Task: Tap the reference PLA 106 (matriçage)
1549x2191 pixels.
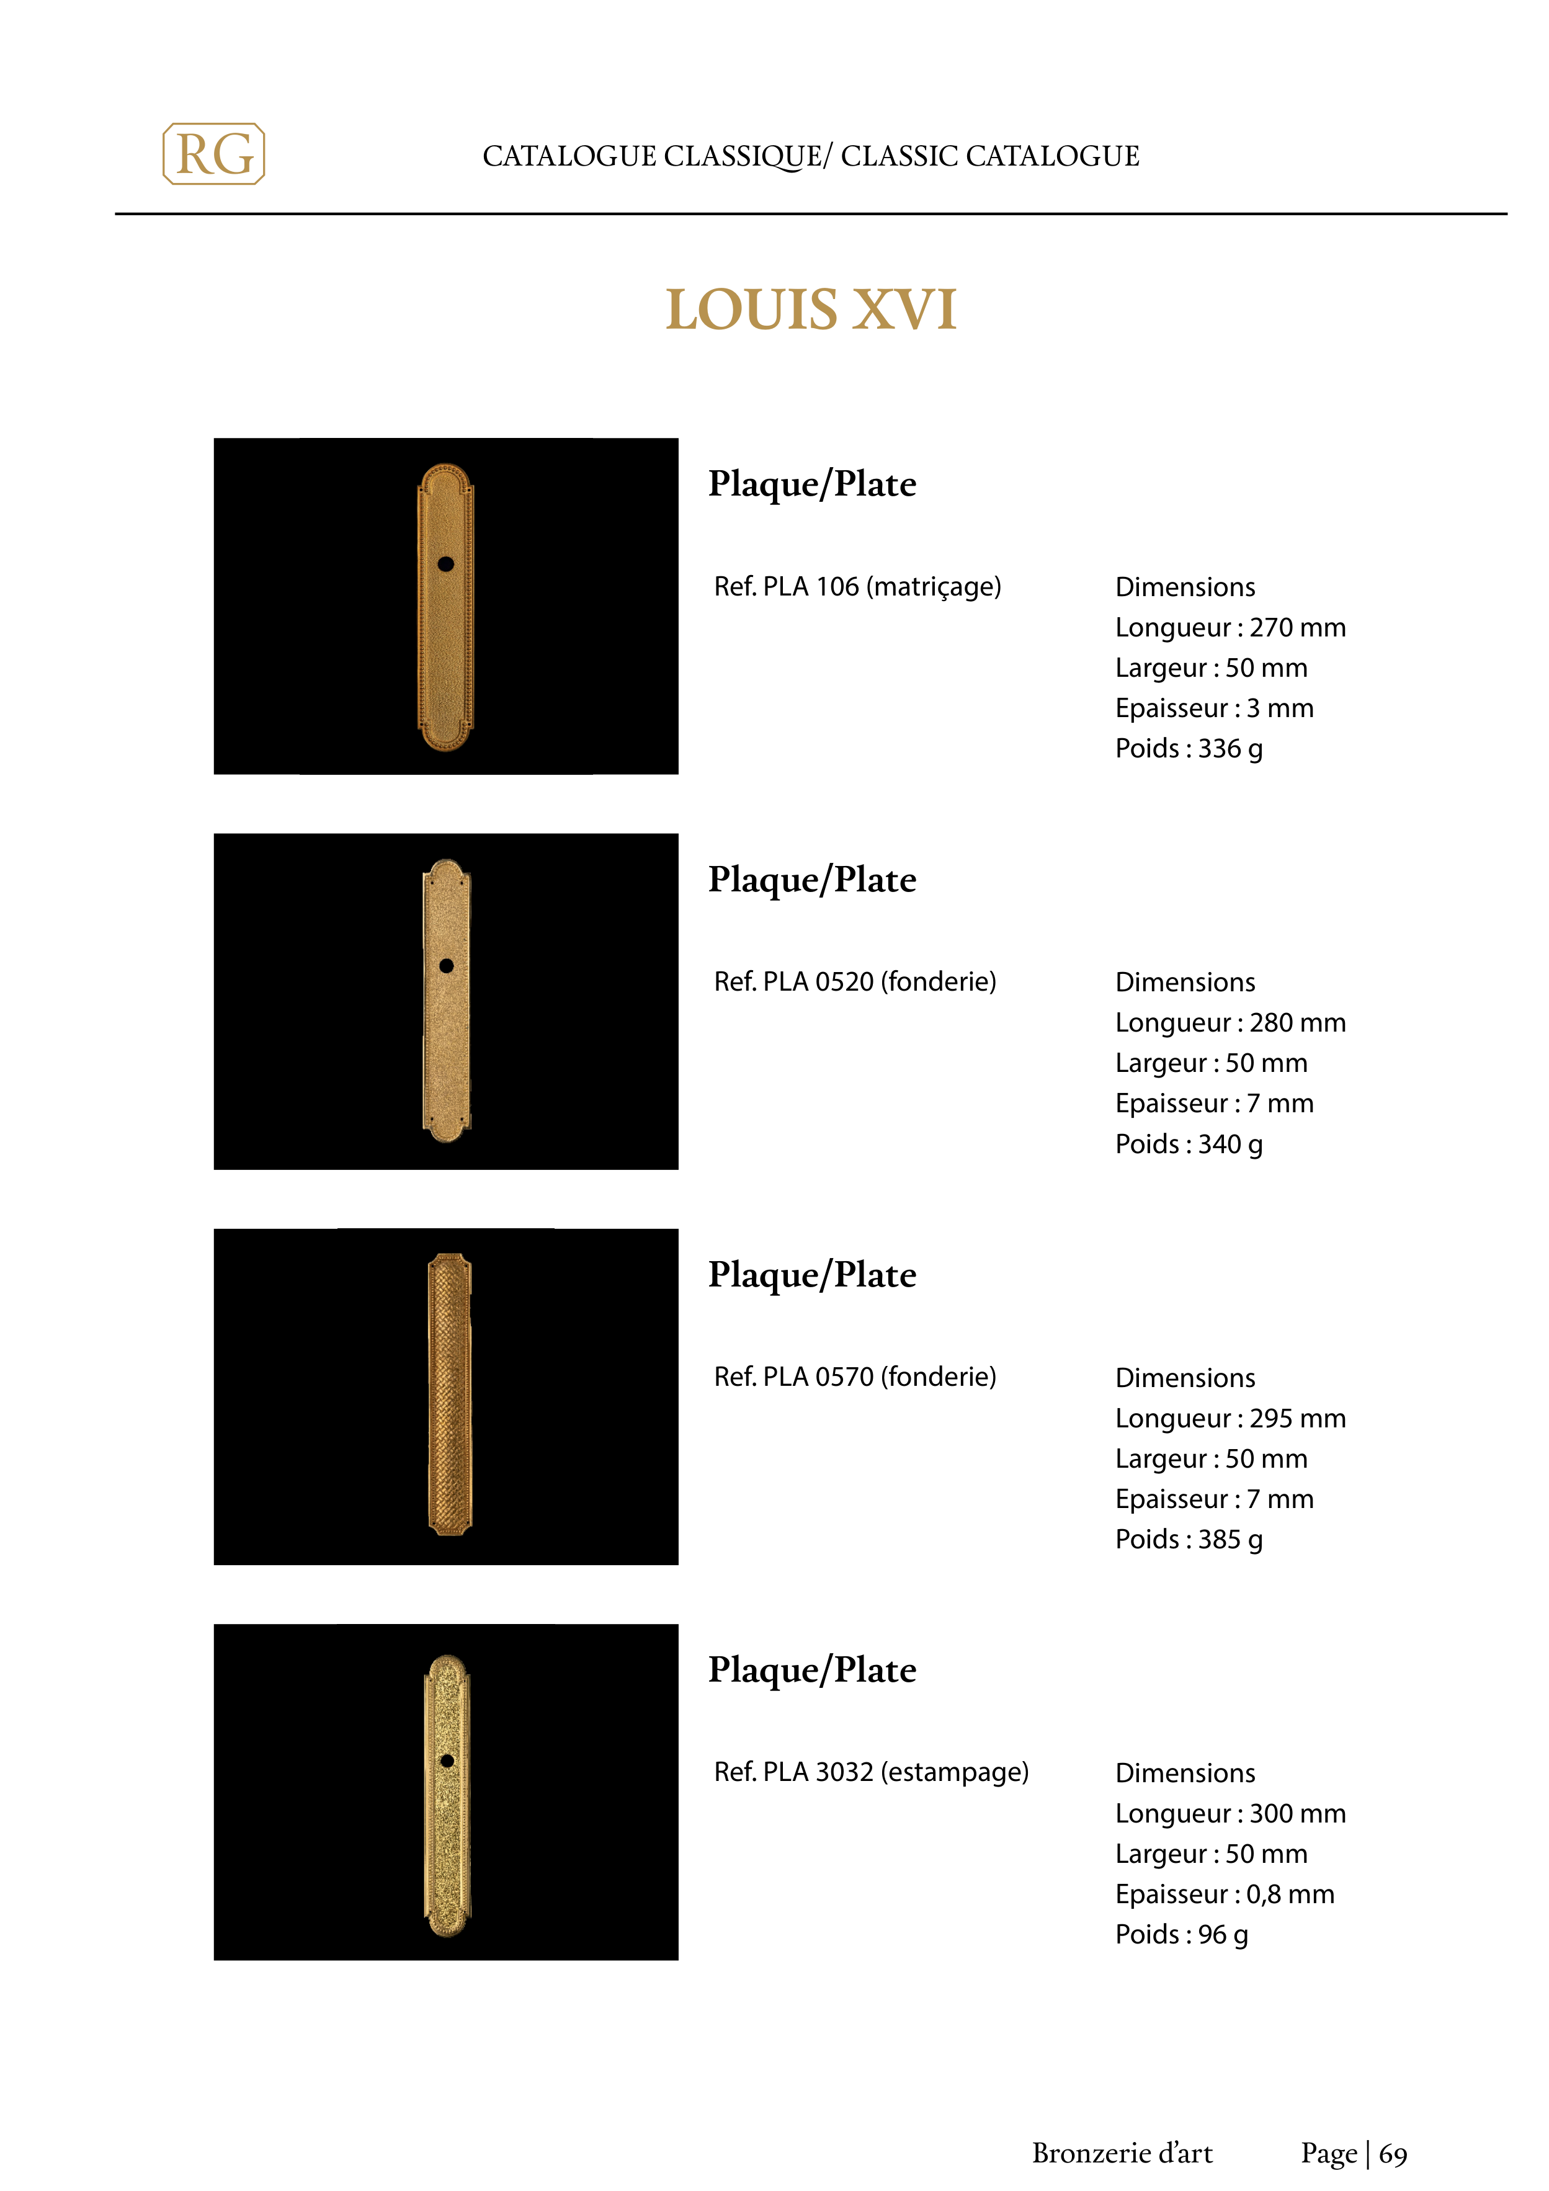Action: point(857,586)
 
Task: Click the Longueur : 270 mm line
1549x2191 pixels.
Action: point(1230,627)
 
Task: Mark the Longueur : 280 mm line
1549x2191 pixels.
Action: point(1230,1022)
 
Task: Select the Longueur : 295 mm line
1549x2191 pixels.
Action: point(1230,1418)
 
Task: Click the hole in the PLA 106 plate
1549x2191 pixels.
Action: point(445,564)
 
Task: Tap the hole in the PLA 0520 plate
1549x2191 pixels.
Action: point(445,966)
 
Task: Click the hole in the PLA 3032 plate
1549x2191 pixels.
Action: point(447,1760)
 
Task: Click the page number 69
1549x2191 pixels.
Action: point(1393,2154)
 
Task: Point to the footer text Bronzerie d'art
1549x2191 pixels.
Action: point(1122,2153)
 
